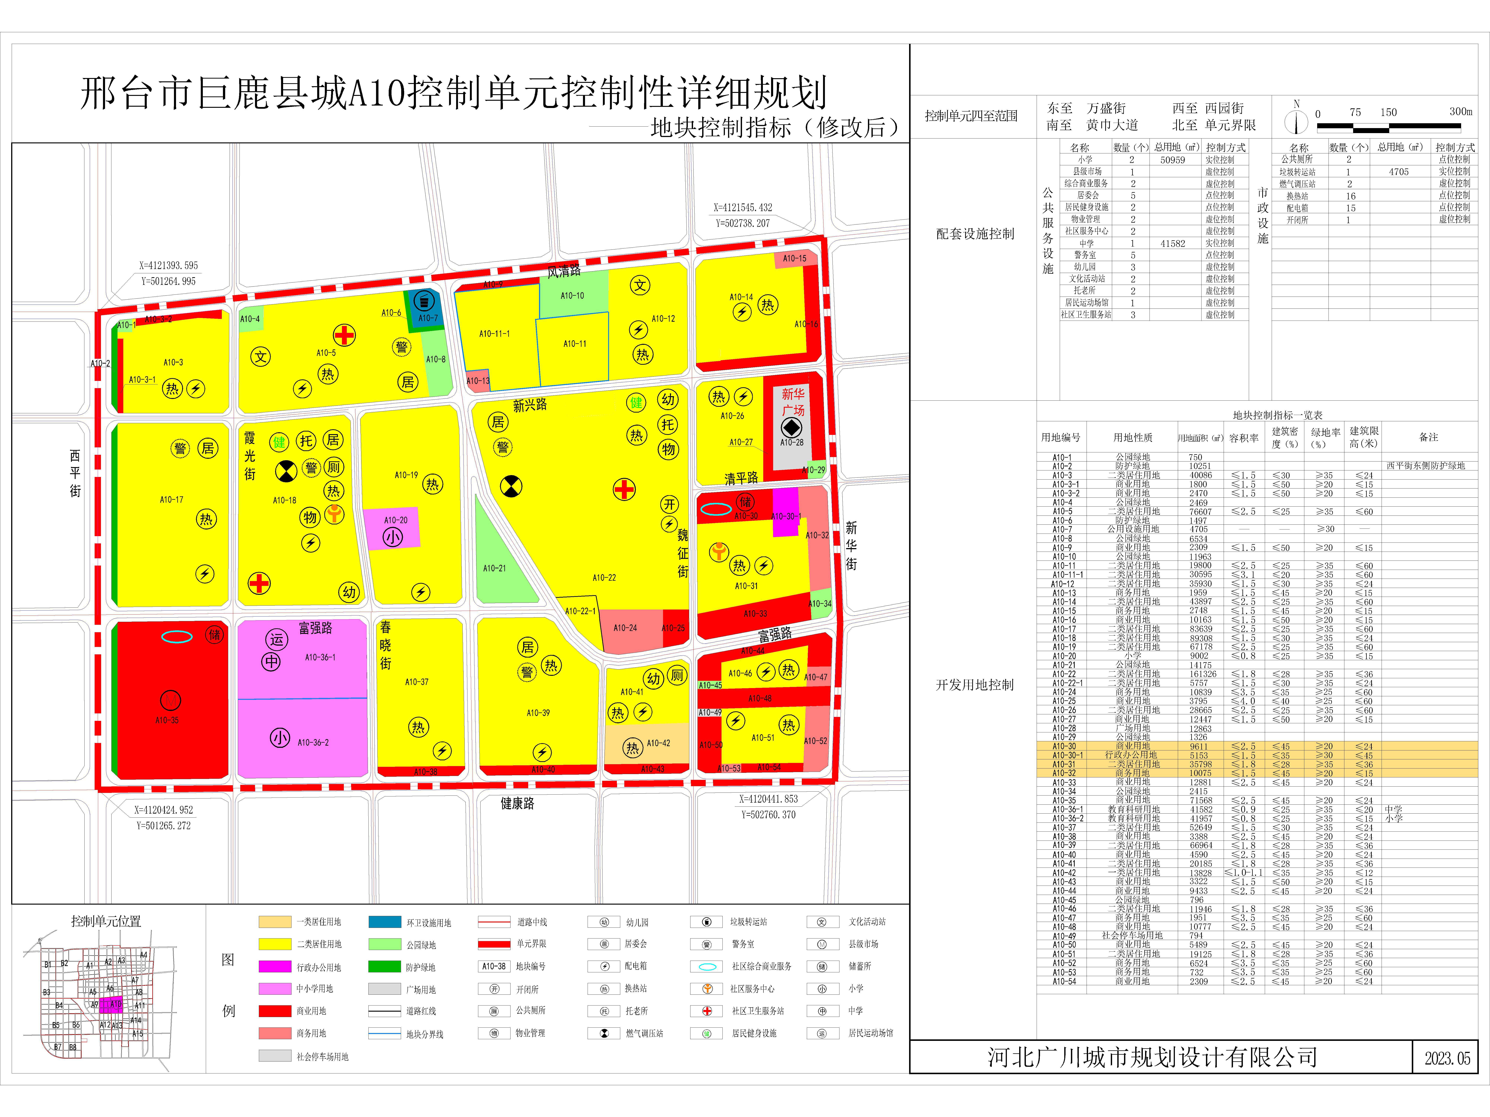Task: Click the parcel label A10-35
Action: coord(167,720)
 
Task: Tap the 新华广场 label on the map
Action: coord(793,402)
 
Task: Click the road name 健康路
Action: coord(517,803)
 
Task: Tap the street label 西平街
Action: coord(75,473)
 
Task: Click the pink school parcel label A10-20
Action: coord(395,520)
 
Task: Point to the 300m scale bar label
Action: coord(1460,112)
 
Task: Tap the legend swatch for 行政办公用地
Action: coord(275,966)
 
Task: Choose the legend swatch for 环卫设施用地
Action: coord(385,922)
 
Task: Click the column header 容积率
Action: coord(1243,438)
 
